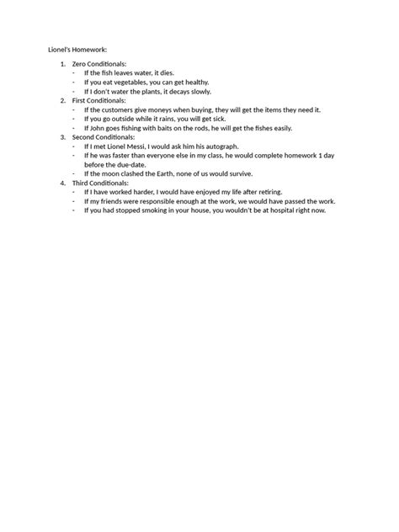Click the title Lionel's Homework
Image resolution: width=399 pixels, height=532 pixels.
click(x=77, y=49)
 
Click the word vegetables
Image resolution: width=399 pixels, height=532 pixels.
click(x=132, y=82)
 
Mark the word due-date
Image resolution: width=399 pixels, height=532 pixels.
click(x=126, y=164)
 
